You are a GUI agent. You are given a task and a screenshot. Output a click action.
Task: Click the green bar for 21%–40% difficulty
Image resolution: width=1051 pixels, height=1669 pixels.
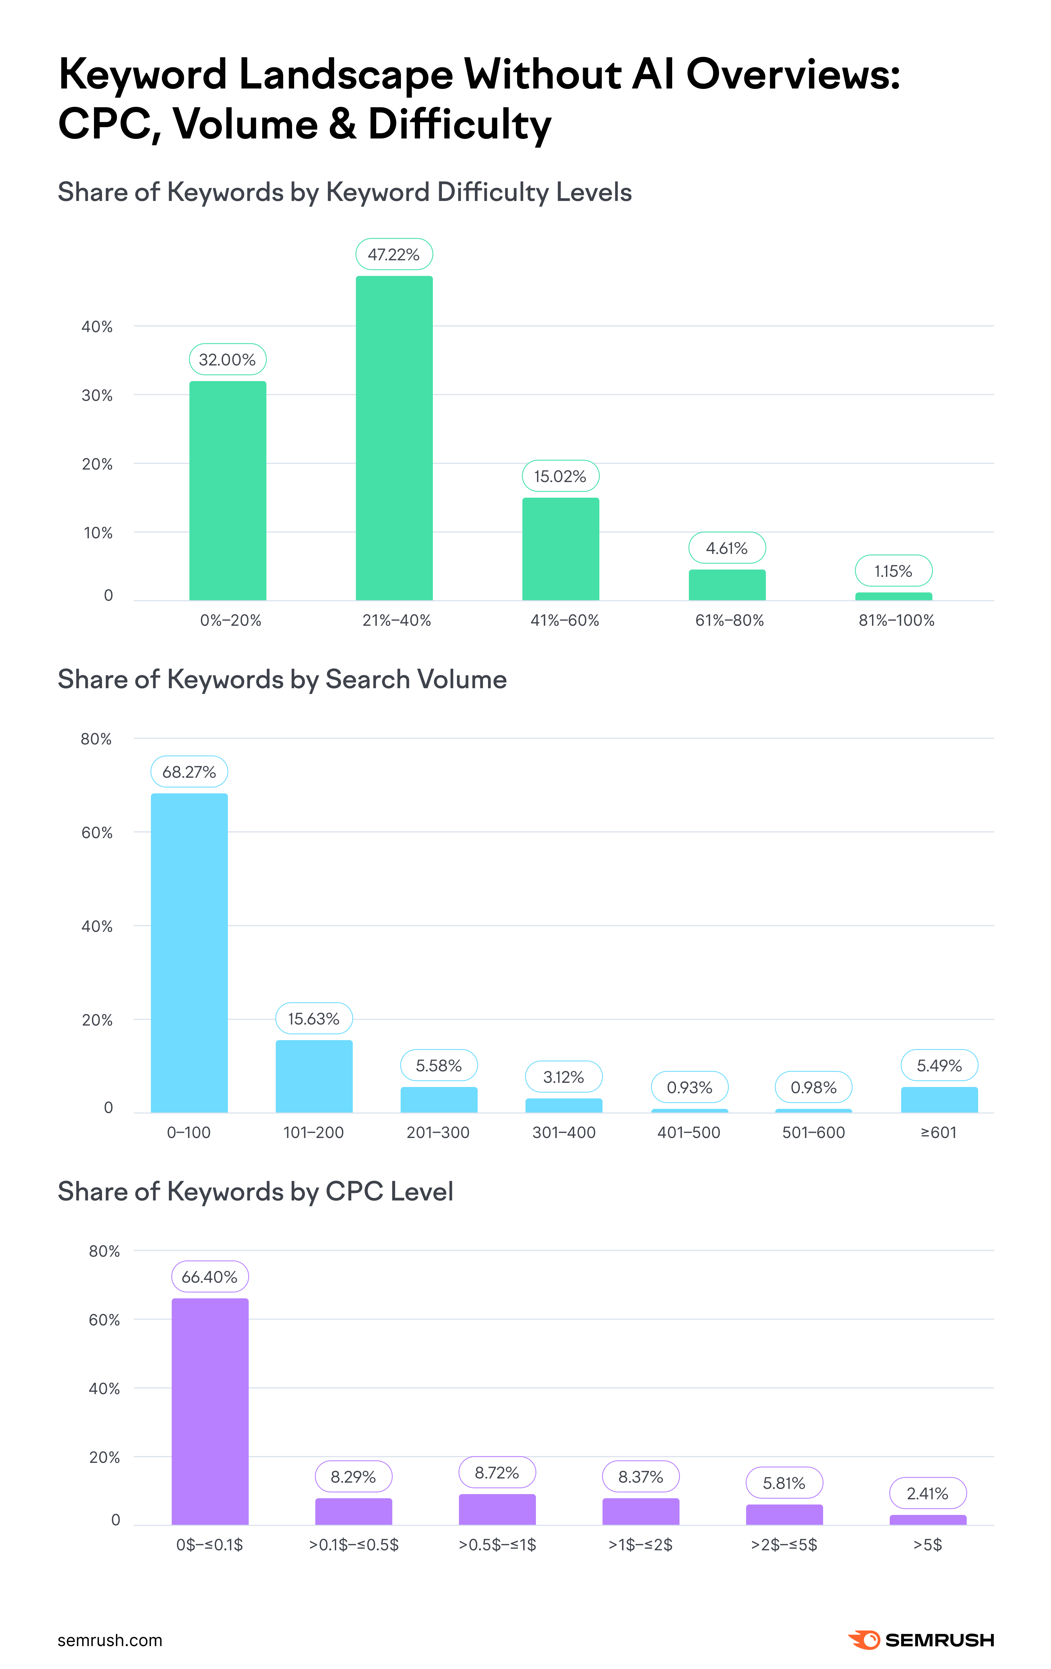(x=394, y=438)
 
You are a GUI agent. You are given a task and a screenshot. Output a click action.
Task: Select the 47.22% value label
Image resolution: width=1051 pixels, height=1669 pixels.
(x=394, y=254)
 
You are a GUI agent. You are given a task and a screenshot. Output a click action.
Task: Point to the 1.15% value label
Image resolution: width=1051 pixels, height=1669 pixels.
(x=893, y=571)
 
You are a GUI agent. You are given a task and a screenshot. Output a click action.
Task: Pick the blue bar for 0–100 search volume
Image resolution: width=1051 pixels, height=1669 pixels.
(x=189, y=953)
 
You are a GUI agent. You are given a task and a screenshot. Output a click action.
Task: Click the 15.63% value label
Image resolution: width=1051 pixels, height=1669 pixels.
(x=314, y=1019)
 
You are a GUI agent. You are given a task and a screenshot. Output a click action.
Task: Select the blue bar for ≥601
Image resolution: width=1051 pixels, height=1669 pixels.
(x=939, y=1100)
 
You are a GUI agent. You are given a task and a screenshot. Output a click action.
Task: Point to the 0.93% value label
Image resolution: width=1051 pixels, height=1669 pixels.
(x=689, y=1087)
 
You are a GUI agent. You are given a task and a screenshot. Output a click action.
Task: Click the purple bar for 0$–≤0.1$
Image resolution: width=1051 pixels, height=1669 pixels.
(x=210, y=1411)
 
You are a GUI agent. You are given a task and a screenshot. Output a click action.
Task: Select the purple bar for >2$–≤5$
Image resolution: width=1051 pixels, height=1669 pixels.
(x=784, y=1515)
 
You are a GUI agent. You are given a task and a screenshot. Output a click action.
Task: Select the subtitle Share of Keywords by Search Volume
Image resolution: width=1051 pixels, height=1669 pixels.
(x=282, y=679)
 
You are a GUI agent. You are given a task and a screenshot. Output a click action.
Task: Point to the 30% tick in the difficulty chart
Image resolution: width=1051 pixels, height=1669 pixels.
(x=97, y=395)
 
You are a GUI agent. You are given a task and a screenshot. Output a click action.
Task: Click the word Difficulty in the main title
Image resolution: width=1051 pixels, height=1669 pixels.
(x=459, y=125)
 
